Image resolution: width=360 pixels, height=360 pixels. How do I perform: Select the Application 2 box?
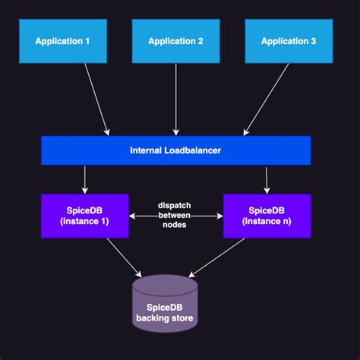pyautogui.click(x=175, y=40)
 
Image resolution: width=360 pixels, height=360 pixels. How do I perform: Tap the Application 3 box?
pyautogui.click(x=289, y=40)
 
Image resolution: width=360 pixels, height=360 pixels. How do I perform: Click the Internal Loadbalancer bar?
pyautogui.click(x=175, y=150)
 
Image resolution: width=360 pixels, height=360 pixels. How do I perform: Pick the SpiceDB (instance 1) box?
pyautogui.click(x=84, y=216)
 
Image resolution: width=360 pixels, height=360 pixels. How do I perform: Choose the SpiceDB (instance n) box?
pyautogui.click(x=267, y=216)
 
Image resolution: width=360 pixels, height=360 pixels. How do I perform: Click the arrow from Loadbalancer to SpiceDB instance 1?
pyautogui.click(x=84, y=178)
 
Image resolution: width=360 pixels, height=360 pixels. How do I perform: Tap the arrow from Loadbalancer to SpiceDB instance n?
pyautogui.click(x=267, y=178)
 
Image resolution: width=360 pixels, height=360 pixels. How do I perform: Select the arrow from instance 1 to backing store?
pyautogui.click(x=123, y=257)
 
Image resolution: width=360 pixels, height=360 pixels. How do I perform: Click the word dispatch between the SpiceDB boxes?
pyautogui.click(x=175, y=205)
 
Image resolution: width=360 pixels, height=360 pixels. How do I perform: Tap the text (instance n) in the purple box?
pyautogui.click(x=267, y=222)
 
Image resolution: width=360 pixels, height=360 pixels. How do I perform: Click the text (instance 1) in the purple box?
pyautogui.click(x=84, y=222)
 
